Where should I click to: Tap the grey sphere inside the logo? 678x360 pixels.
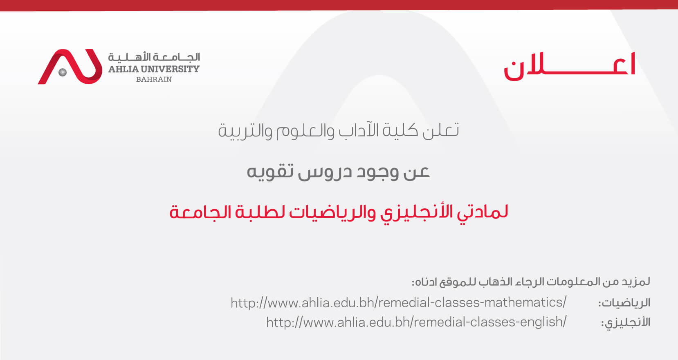point(63,72)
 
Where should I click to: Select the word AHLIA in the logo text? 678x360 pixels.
point(123,69)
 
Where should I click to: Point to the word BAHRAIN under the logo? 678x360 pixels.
point(154,79)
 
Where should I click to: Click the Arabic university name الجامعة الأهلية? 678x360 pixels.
point(154,57)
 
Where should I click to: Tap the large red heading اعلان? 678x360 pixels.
point(569,66)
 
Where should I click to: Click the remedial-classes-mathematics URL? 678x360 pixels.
point(398,302)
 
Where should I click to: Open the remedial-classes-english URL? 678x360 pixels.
point(416,322)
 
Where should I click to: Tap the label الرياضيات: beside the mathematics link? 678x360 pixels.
point(624,303)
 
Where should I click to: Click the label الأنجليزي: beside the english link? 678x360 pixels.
point(626,322)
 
